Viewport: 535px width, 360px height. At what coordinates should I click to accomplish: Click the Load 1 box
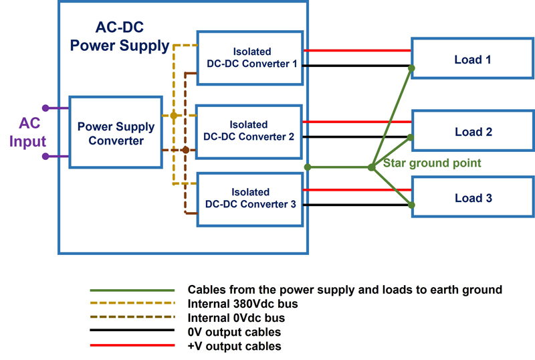click(x=472, y=60)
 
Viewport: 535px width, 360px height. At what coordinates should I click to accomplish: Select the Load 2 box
click(x=472, y=132)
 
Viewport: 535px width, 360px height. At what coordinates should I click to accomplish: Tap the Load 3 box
click(x=472, y=198)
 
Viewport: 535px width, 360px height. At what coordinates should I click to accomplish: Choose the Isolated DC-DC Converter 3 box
click(x=250, y=198)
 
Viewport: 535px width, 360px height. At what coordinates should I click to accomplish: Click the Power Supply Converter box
click(x=116, y=133)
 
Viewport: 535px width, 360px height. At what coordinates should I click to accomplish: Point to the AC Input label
click(x=31, y=132)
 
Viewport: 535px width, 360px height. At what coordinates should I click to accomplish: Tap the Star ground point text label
click(x=428, y=163)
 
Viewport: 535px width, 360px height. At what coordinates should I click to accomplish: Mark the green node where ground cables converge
click(x=371, y=167)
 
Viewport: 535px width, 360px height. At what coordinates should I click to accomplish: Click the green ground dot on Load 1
click(x=411, y=68)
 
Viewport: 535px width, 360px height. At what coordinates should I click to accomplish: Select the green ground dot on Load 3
click(x=412, y=205)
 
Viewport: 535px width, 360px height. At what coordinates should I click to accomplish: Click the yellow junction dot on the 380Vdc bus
click(x=174, y=116)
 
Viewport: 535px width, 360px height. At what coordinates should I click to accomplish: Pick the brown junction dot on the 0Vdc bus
click(x=185, y=149)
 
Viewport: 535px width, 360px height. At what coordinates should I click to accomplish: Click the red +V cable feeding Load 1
click(x=358, y=50)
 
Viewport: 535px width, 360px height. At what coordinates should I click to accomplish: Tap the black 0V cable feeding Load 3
click(x=358, y=205)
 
